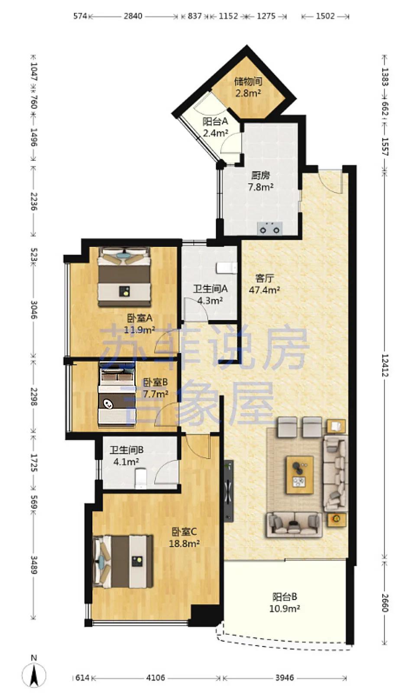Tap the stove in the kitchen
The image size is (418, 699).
pyautogui.click(x=269, y=229)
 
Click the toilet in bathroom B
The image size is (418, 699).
pyautogui.click(x=140, y=478)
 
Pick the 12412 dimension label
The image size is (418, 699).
pyautogui.click(x=385, y=366)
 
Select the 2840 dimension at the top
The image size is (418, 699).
pyautogui.click(x=133, y=16)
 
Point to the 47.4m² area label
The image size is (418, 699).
pyautogui.click(x=264, y=290)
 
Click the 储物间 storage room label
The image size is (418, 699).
pyautogui.click(x=248, y=82)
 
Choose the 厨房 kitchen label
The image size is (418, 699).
pyautogui.click(x=261, y=175)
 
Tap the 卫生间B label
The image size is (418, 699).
pyautogui.click(x=126, y=450)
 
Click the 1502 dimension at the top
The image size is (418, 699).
pyautogui.click(x=325, y=16)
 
